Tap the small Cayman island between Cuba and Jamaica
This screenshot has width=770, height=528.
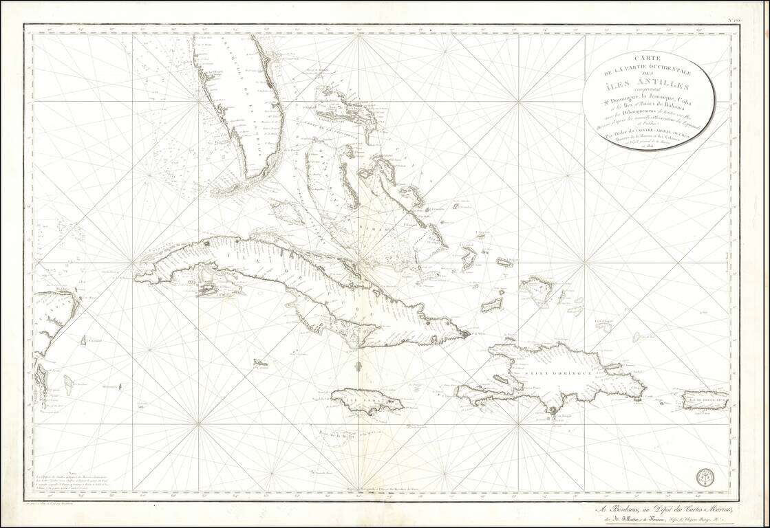click(260, 362)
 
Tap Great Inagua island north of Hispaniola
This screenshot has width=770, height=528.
click(535, 287)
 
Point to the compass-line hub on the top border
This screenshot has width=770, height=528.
click(359, 34)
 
